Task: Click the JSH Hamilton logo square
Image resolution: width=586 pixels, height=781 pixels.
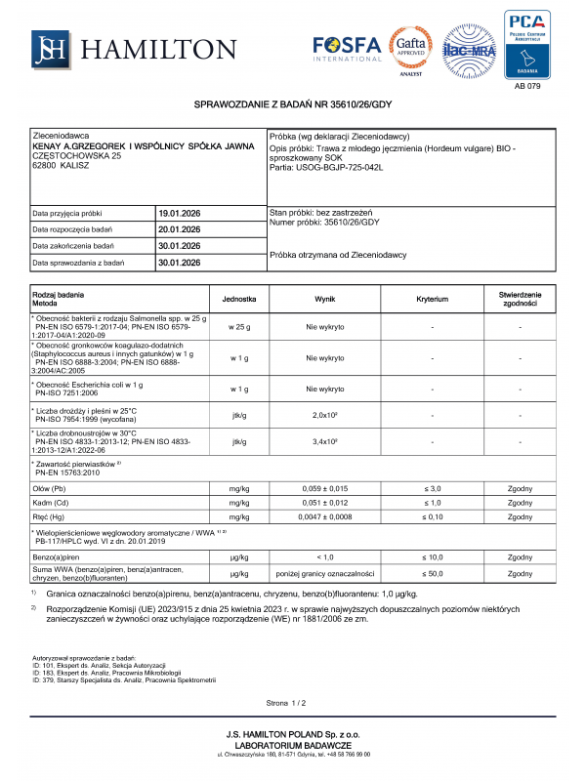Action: pyautogui.click(x=48, y=47)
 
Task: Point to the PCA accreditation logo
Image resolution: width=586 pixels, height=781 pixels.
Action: pyautogui.click(x=526, y=43)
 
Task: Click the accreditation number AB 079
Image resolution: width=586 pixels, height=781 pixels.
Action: pyautogui.click(x=526, y=85)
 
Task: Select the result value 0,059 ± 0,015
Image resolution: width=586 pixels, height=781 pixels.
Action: pyautogui.click(x=324, y=486)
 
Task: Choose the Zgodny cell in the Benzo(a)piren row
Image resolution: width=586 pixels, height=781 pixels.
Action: pyautogui.click(x=520, y=555)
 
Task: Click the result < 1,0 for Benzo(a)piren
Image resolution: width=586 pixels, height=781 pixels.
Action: pyautogui.click(x=324, y=555)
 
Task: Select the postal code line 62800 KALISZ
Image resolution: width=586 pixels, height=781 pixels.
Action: pyautogui.click(x=61, y=166)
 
